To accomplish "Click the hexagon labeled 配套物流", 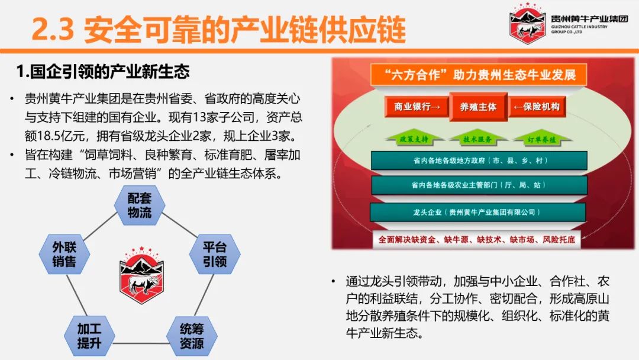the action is coord(140,205).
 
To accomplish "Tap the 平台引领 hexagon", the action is coord(215,254).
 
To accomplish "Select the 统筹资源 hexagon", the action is coord(192,336).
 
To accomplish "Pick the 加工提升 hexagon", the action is coord(89,336).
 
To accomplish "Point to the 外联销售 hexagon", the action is coord(64,254).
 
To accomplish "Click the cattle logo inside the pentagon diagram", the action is coord(141,275).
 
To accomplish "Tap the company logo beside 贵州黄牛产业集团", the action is coord(527,23).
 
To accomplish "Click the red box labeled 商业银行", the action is coord(417,107).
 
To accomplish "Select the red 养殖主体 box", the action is coord(479,107).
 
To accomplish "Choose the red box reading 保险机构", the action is coord(537,107).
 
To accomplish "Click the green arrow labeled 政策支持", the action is coord(414,139).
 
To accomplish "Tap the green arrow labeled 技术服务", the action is coord(477,139).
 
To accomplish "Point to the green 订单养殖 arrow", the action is coord(541,139).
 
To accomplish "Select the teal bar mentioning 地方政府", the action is coord(479,160).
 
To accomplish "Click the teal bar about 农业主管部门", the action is coord(479,185).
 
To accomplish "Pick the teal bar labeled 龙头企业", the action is coord(477,212).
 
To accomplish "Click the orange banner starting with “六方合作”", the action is coord(479,75).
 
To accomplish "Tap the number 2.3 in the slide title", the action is coord(53,30).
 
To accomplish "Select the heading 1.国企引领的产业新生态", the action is coord(103,72).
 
